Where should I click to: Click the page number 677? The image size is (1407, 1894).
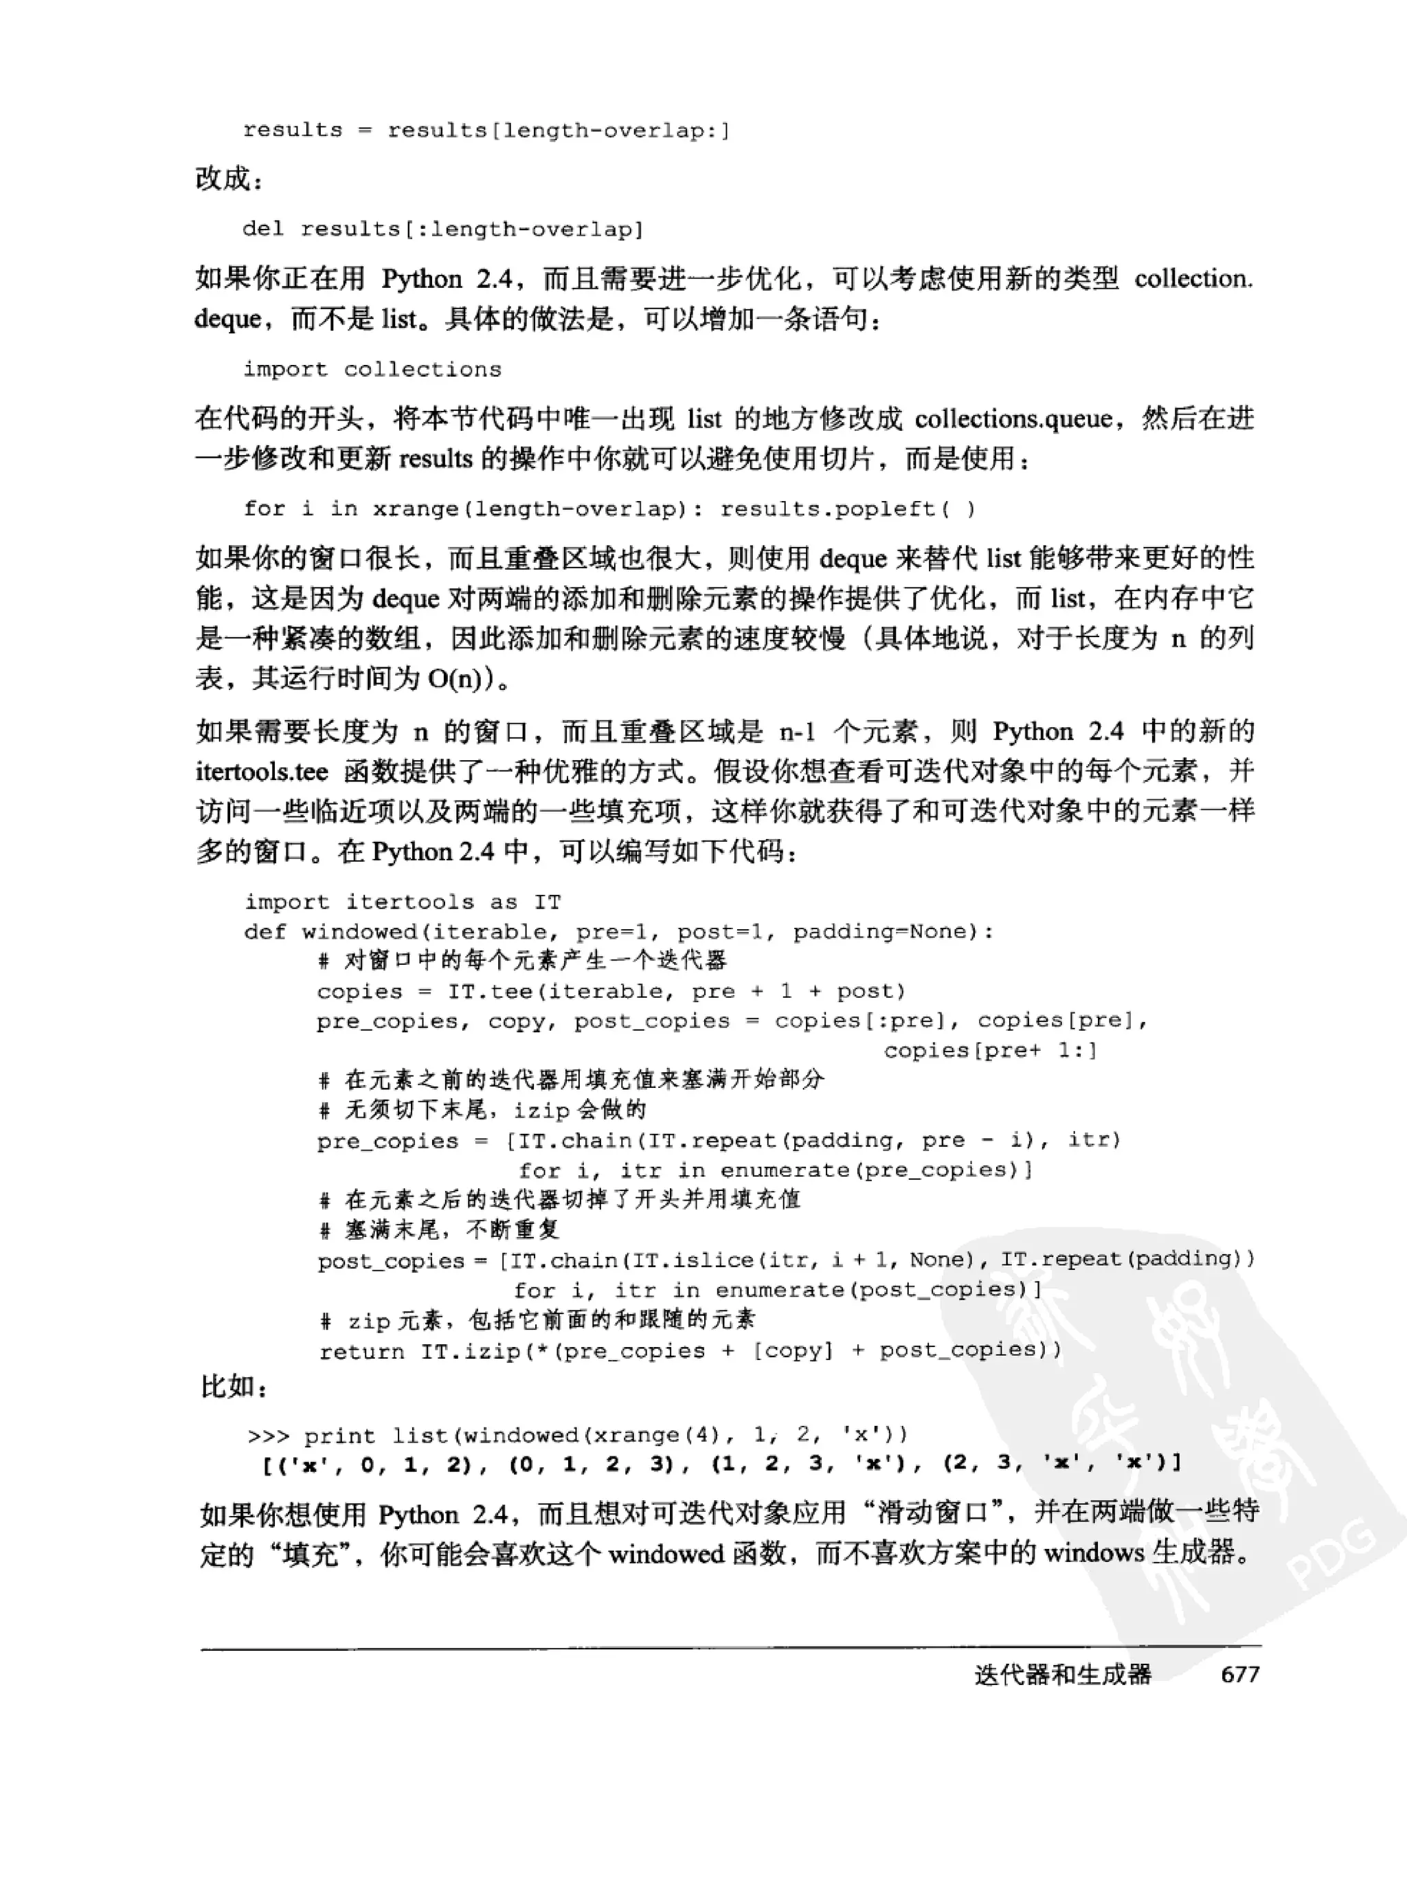click(1239, 1674)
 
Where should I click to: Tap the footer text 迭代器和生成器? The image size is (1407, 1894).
click(1062, 1674)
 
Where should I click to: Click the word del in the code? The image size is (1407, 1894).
click(262, 228)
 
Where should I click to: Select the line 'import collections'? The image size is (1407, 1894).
click(372, 369)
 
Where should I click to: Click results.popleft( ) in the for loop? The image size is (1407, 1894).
click(848, 509)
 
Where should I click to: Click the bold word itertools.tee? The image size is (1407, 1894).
click(262, 771)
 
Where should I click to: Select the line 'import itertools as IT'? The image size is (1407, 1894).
click(402, 902)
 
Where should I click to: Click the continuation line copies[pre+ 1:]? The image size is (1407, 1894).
click(990, 1051)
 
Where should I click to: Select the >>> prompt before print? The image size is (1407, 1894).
click(267, 1436)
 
